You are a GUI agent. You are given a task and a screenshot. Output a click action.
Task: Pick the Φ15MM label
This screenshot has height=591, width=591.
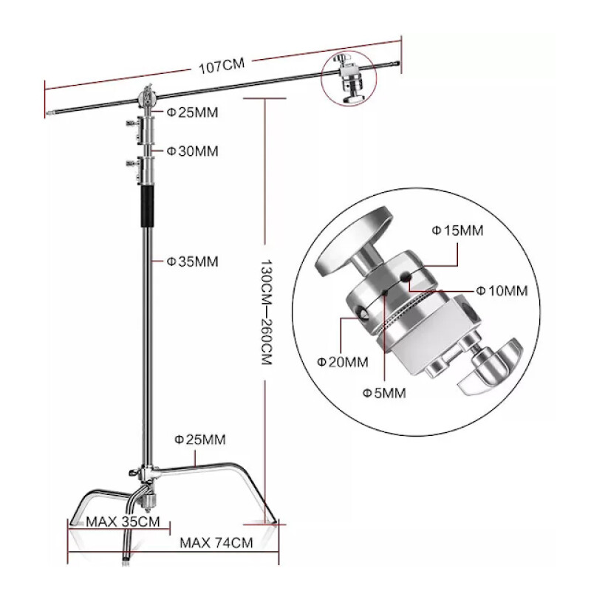pyautogui.click(x=457, y=230)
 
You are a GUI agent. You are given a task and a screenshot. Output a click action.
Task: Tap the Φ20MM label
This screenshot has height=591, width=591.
pyautogui.click(x=342, y=362)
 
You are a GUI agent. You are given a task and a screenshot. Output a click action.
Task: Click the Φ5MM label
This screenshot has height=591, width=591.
pyautogui.click(x=383, y=392)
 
